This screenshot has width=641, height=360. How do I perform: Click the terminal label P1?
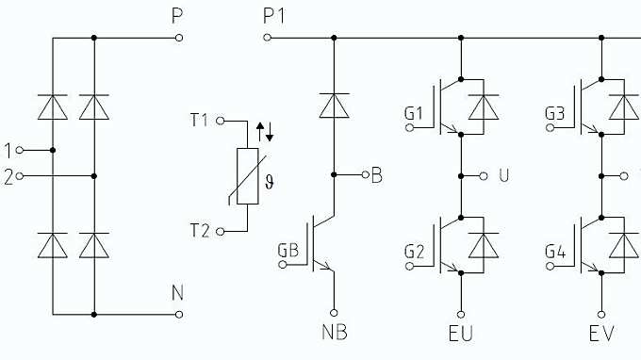click(273, 17)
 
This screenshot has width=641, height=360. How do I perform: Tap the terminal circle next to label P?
click(178, 38)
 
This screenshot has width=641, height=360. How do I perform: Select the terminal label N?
click(177, 293)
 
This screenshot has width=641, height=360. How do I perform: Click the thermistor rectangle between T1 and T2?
click(247, 176)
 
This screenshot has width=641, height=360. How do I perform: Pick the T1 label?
click(201, 121)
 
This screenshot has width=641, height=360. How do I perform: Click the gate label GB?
click(288, 251)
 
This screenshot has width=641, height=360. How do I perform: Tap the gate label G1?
click(416, 114)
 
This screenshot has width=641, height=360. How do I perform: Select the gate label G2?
click(416, 251)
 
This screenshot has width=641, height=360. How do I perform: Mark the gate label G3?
click(555, 114)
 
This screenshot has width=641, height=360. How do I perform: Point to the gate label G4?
click(555, 251)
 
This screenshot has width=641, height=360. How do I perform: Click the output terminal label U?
click(501, 175)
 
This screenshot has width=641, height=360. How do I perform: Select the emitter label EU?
click(461, 334)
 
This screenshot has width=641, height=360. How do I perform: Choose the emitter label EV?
click(601, 334)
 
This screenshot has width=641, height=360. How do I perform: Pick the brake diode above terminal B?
click(333, 106)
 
